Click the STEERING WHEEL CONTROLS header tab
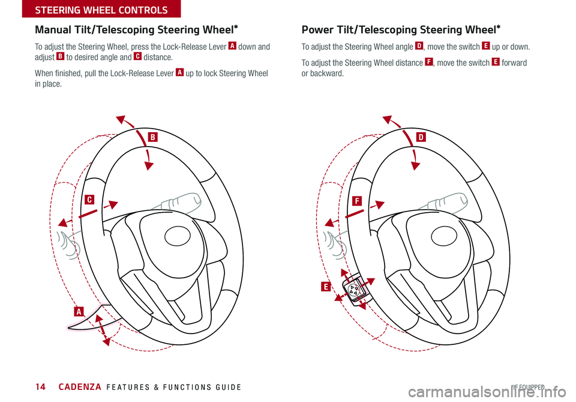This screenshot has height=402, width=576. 90,9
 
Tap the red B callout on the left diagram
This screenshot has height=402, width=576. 153,137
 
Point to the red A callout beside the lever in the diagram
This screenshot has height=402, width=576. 79,311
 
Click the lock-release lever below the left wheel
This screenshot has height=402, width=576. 89,318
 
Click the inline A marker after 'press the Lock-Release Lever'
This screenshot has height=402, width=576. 230,46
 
